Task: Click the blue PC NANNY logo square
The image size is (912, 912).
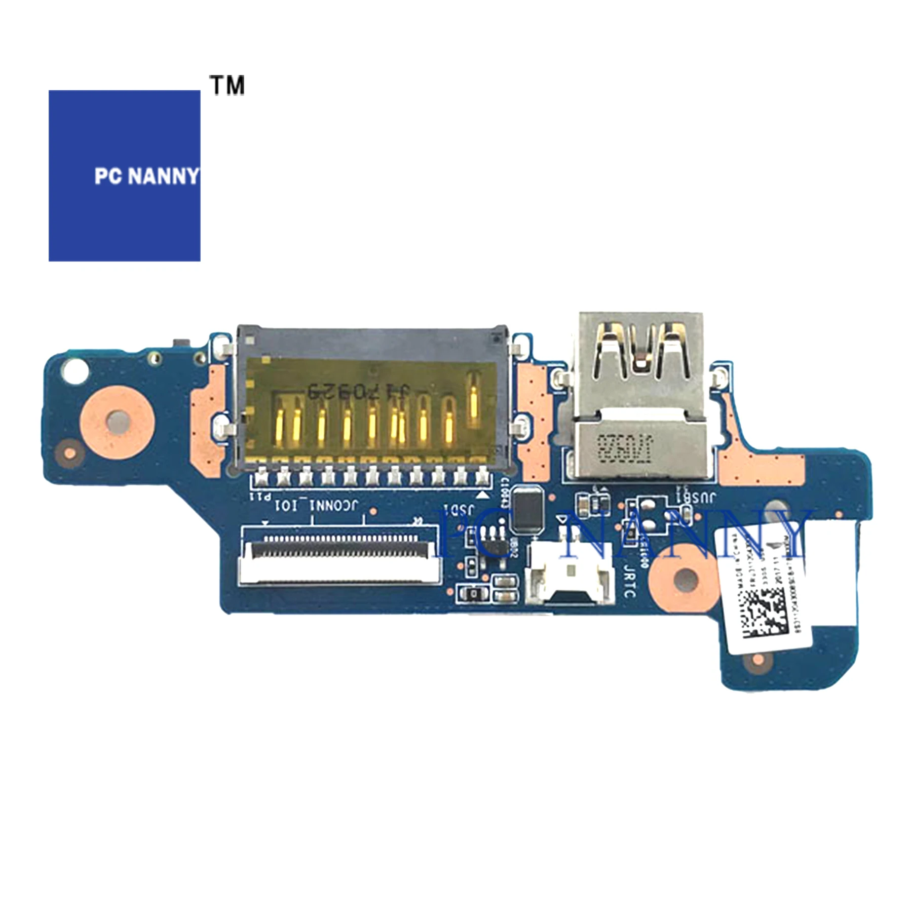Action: [x=124, y=175]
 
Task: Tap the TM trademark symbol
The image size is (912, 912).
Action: [x=227, y=85]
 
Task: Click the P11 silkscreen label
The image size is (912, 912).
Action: [x=262, y=497]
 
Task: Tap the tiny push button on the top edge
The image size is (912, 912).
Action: [x=178, y=344]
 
